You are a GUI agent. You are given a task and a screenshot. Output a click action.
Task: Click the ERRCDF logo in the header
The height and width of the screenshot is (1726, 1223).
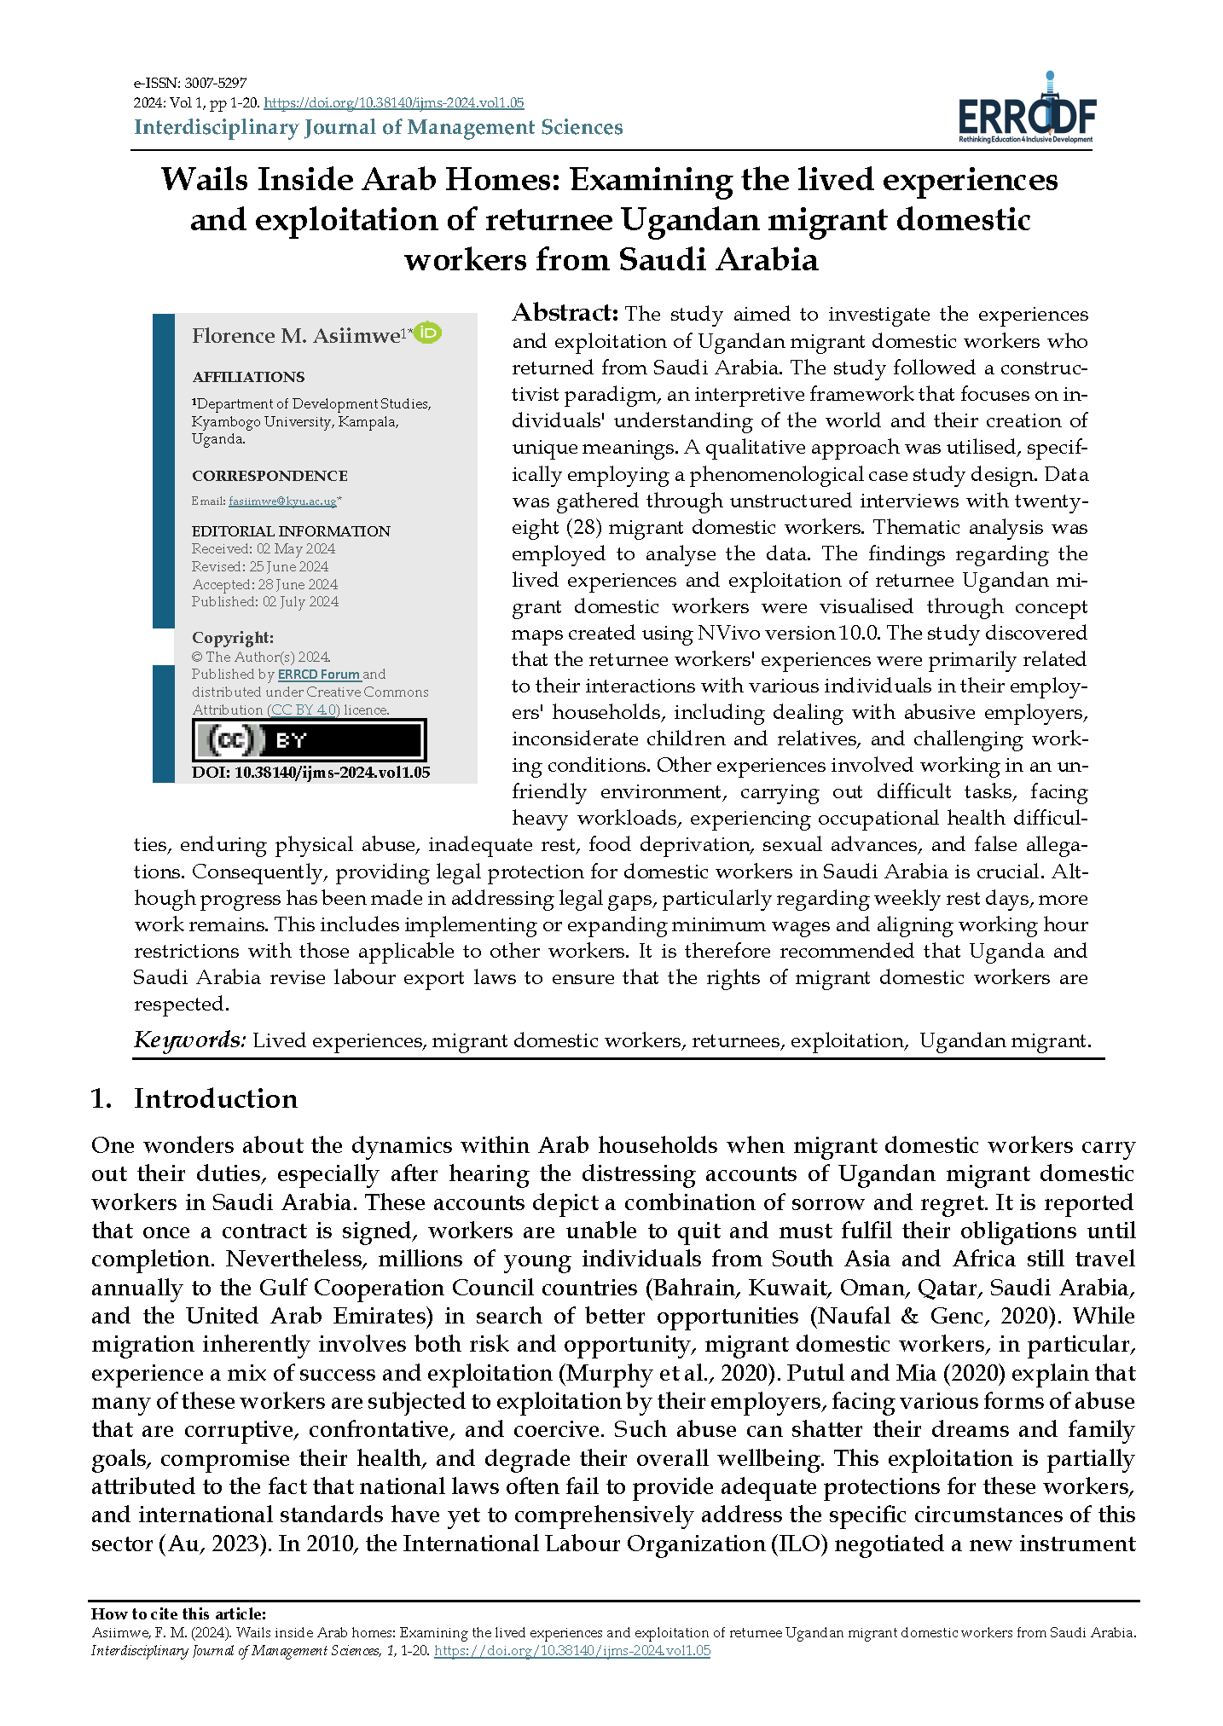pyautogui.click(x=1027, y=111)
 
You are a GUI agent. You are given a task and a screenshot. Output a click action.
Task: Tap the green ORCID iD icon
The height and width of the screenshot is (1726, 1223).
pyautogui.click(x=427, y=333)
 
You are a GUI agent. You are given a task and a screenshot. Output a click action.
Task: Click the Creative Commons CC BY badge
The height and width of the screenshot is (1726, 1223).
pyautogui.click(x=309, y=740)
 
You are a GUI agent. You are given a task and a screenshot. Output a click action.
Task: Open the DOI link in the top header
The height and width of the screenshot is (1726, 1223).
pyautogui.click(x=393, y=103)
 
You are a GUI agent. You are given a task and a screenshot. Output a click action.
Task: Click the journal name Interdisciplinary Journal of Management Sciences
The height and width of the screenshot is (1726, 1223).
pyautogui.click(x=379, y=128)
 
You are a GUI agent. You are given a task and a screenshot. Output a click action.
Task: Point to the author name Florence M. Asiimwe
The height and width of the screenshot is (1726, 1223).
pyautogui.click(x=296, y=336)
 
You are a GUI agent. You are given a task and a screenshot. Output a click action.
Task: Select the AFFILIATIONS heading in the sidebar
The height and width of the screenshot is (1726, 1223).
pyautogui.click(x=247, y=377)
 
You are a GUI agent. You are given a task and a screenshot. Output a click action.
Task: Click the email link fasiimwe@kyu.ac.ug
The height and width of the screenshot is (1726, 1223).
pyautogui.click(x=282, y=501)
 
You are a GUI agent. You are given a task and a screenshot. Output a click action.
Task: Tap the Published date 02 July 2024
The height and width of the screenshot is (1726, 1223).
pyautogui.click(x=300, y=602)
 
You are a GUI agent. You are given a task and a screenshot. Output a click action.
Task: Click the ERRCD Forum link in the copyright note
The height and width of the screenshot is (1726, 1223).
pyautogui.click(x=319, y=675)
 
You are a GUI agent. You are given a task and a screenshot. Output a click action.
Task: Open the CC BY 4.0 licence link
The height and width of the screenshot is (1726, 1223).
pyautogui.click(x=304, y=710)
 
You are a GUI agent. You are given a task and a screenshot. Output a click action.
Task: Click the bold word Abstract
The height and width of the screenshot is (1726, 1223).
pyautogui.click(x=565, y=313)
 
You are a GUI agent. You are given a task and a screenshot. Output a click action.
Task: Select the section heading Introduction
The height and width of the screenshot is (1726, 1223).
pyautogui.click(x=215, y=1099)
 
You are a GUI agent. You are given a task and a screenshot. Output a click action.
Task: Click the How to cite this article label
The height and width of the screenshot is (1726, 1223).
pyautogui.click(x=178, y=1614)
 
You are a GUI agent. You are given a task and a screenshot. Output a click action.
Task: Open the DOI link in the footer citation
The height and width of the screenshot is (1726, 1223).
pyautogui.click(x=572, y=1651)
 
